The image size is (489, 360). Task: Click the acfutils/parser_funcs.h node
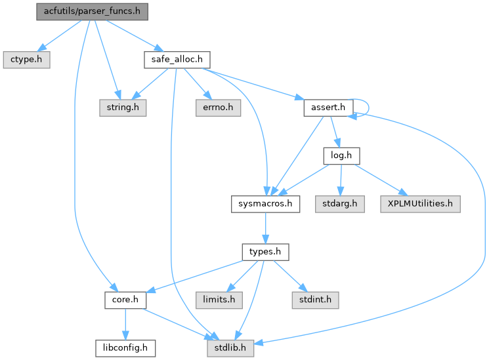[x=93, y=11]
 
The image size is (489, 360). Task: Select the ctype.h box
[x=26, y=59]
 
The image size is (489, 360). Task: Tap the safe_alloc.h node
[x=176, y=59]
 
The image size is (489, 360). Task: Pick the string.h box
[x=122, y=107]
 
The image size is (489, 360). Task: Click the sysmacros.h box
[x=266, y=204]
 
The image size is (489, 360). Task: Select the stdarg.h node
[x=339, y=204]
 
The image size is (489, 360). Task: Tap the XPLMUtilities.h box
[x=419, y=204]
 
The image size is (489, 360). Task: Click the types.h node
[x=265, y=252]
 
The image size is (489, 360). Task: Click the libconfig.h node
[x=125, y=348]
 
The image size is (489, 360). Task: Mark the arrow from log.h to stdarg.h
[x=341, y=180]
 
